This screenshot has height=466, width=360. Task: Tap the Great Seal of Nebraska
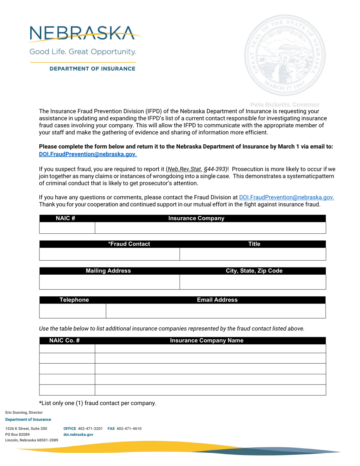pyautogui.click(x=285, y=55)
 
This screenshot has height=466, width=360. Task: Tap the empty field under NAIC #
pyautogui.click(x=67, y=228)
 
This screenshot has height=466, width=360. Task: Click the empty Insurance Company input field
pyautogui.click(x=210, y=228)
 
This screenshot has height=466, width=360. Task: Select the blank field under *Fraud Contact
pyautogui.click(x=109, y=254)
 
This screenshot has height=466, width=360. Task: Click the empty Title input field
pyautogui.click(x=253, y=254)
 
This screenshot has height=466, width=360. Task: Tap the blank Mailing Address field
pyautogui.click(x=109, y=282)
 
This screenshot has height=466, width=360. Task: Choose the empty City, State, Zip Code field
pyautogui.click(x=253, y=282)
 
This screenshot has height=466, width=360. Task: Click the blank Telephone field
pyautogui.click(x=72, y=311)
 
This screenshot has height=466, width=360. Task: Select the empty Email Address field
pyautogui.click(x=216, y=311)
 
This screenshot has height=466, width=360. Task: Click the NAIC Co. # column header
pyautogui.click(x=64, y=341)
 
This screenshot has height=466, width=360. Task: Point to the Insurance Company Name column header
pyautogui.click(x=207, y=341)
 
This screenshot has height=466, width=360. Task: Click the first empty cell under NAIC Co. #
pyautogui.click(x=67, y=349)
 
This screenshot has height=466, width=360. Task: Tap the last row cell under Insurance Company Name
pyautogui.click(x=210, y=390)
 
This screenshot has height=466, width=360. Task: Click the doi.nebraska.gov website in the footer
pyautogui.click(x=78, y=435)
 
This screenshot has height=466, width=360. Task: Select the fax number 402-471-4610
pyautogui.click(x=129, y=428)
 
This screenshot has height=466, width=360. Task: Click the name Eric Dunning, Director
pyautogui.click(x=24, y=412)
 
